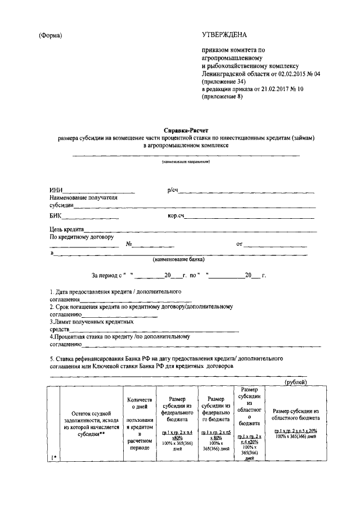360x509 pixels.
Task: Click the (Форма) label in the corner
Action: [50, 36]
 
